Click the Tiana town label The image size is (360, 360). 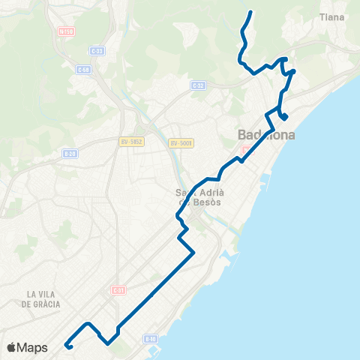coord(331,16)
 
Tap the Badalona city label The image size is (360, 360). coord(266,136)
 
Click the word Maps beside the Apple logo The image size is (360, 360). coord(33,348)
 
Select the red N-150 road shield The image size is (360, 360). coord(66,32)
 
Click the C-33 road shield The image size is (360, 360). coord(96,50)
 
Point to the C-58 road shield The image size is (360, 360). coord(83,70)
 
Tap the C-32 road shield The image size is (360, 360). coord(198,85)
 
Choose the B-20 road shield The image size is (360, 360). coord(70,153)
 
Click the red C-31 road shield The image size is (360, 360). coord(117,289)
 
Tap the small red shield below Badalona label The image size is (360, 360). coord(244,150)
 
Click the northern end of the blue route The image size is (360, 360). coord(250,11)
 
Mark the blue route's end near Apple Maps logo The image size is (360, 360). coord(67,346)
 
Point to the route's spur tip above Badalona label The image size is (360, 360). coord(286,116)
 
